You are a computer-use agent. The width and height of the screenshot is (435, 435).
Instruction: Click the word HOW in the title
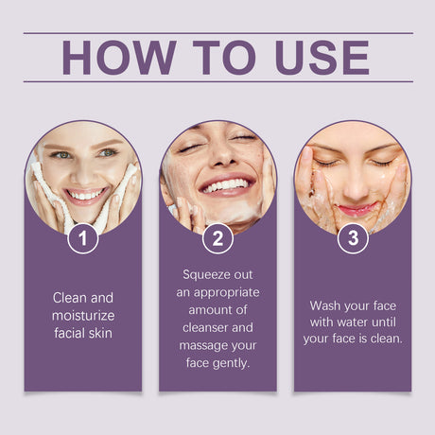coord(119,58)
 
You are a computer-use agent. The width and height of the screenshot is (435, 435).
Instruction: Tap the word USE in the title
coord(322,58)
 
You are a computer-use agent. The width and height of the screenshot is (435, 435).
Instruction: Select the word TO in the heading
coord(224,58)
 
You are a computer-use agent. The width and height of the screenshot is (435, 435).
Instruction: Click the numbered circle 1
coord(83,238)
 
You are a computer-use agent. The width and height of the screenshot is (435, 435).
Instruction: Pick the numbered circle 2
coord(217,238)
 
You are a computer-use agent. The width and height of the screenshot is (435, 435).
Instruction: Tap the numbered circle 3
coord(353,238)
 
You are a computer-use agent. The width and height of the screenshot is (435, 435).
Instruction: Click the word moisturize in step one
coord(83,316)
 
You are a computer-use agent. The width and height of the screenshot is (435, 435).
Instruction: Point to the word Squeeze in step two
coord(205,275)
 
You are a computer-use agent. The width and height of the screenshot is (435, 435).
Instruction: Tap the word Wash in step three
coord(324,305)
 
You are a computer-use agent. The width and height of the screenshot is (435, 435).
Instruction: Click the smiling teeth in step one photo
coord(86,194)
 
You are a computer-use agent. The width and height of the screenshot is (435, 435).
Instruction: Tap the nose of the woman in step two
coord(222,154)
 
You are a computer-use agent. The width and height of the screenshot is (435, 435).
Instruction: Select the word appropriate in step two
coord(227,293)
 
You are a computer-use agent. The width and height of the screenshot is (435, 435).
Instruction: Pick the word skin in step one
coord(100,333)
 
